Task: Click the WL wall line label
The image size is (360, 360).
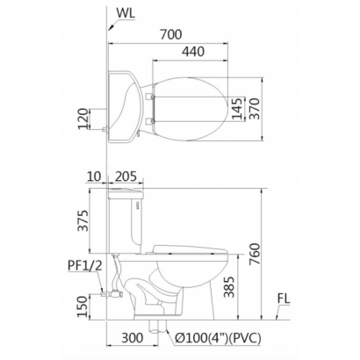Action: [126, 13]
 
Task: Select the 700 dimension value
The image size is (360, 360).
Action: [171, 34]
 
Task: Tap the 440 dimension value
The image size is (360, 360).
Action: [193, 52]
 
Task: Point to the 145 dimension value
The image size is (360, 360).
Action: [237, 109]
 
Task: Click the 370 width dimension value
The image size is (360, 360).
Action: [254, 109]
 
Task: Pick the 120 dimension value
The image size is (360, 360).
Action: [83, 119]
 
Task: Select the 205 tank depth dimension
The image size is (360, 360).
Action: [126, 176]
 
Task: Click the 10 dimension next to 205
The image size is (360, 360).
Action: [94, 176]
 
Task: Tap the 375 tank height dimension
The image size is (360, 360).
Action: [83, 220]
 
